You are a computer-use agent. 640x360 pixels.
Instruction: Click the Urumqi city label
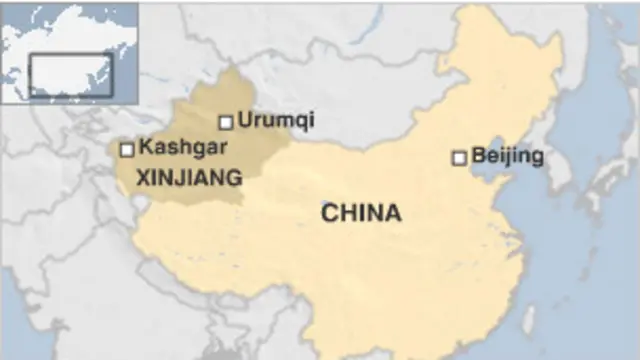pyautogui.click(x=275, y=120)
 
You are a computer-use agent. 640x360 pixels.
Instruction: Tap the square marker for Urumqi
pyautogui.click(x=226, y=122)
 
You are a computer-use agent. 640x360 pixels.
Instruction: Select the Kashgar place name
pyautogui.click(x=183, y=147)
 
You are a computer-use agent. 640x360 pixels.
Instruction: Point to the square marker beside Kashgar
pyautogui.click(x=127, y=150)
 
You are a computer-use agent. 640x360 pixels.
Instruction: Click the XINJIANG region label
pyautogui.click(x=188, y=178)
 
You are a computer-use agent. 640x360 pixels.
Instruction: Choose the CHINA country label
pyautogui.click(x=361, y=212)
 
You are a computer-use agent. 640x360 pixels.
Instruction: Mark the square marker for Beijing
pyautogui.click(x=459, y=157)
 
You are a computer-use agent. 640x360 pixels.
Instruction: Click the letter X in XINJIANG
pyautogui.click(x=141, y=178)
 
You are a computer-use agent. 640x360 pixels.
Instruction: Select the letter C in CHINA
pyautogui.click(x=328, y=212)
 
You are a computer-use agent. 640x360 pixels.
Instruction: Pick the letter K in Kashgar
pyautogui.click(x=145, y=147)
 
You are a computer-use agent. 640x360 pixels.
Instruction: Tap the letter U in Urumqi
pyautogui.click(x=243, y=120)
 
